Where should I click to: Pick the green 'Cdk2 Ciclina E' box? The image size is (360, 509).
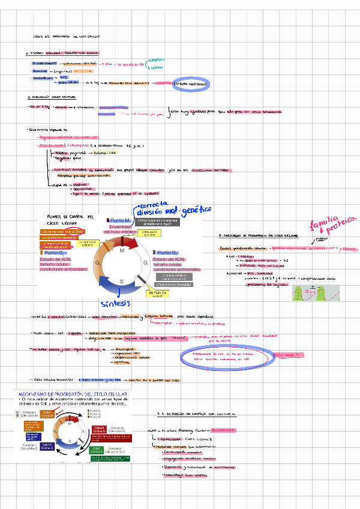click(x=96, y=449)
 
